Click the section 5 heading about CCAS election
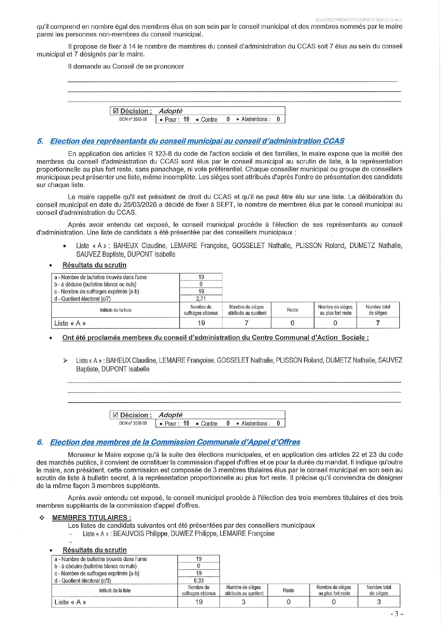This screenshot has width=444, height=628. [x=197, y=141]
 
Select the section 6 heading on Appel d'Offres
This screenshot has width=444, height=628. [x=175, y=442]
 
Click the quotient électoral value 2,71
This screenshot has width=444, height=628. [x=201, y=299]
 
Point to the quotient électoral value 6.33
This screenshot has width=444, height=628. [x=199, y=580]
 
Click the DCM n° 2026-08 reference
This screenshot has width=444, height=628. [x=133, y=120]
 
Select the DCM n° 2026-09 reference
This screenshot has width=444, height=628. [x=133, y=423]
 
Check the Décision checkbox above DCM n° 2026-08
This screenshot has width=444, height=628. [x=116, y=111]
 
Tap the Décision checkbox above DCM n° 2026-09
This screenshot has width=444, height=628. [x=115, y=415]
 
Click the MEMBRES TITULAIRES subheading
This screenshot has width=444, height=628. [x=92, y=517]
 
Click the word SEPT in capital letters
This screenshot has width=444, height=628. [x=225, y=205]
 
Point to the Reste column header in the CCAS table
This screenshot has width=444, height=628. [x=292, y=310]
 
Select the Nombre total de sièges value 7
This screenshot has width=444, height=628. [x=378, y=323]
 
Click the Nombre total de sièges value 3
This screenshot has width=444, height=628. [x=379, y=602]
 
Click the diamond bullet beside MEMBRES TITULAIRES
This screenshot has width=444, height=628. [x=42, y=518]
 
